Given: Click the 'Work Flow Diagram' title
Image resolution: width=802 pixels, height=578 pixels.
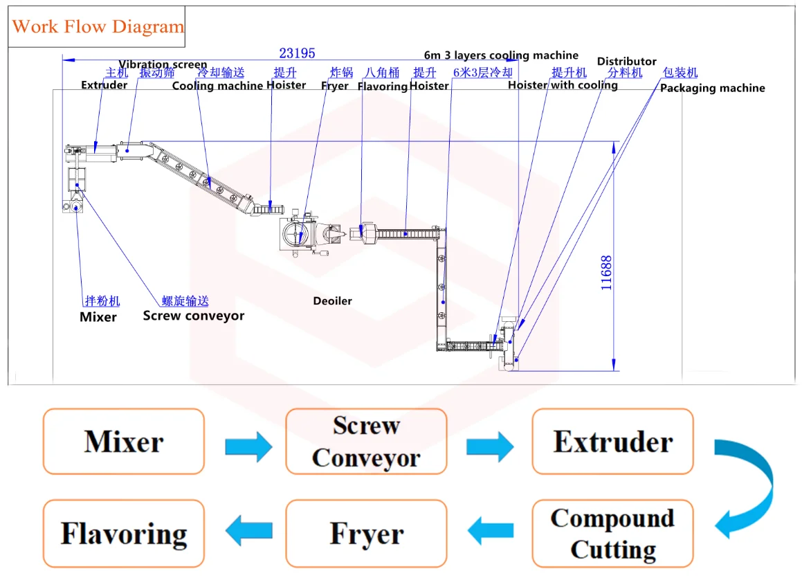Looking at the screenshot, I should click(98, 27).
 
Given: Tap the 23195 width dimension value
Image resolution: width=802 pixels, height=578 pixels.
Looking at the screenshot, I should click(297, 53).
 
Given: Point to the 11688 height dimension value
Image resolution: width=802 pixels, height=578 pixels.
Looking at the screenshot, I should click(606, 273).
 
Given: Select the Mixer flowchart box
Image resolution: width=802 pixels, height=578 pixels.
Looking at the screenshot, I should click(124, 441).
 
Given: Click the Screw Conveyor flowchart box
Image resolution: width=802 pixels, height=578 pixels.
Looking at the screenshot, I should click(366, 441).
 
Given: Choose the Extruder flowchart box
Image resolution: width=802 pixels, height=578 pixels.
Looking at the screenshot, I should click(612, 441).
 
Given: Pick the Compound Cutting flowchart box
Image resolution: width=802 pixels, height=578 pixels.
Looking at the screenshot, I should click(612, 534).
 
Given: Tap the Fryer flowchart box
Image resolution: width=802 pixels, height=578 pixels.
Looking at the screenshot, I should click(366, 534).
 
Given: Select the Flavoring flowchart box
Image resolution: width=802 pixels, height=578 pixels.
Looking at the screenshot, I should click(124, 534).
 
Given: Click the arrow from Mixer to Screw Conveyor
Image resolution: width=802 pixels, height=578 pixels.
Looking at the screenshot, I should click(248, 446).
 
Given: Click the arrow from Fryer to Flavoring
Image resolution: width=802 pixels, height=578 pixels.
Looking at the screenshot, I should click(248, 531).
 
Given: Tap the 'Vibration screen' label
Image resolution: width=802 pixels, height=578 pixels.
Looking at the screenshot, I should click(163, 64).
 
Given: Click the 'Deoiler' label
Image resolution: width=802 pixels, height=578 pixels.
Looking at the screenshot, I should click(332, 301).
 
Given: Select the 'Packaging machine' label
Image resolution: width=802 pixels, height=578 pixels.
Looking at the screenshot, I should click(712, 88).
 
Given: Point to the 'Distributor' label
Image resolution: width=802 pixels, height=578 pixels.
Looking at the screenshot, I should click(626, 62).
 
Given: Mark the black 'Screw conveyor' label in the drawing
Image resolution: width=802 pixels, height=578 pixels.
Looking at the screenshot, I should click(193, 316).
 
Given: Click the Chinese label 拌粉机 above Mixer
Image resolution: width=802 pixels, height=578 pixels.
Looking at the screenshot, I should click(102, 300).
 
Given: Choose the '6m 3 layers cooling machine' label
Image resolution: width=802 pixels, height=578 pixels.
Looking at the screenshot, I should click(501, 55).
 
